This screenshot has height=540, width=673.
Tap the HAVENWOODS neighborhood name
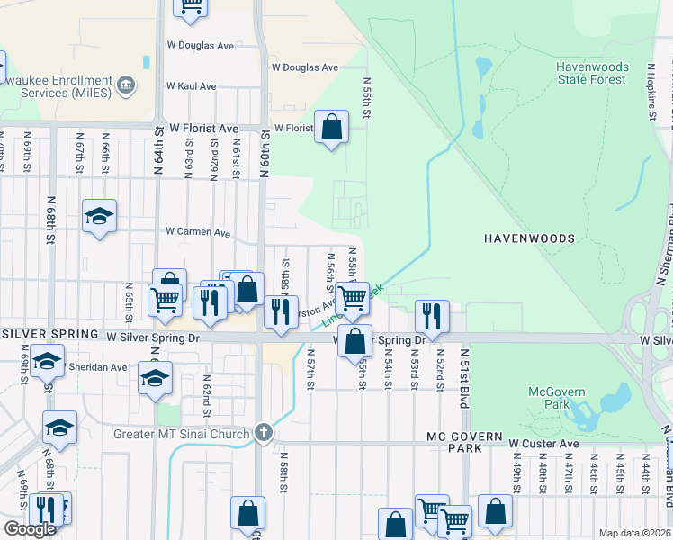tap(528, 238)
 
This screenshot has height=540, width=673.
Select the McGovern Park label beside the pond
tap(556, 399)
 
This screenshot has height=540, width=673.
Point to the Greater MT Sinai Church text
tap(181, 434)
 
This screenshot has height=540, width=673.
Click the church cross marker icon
tap(262, 433)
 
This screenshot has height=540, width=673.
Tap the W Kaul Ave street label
tap(191, 86)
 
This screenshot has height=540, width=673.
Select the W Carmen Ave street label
tap(198, 231)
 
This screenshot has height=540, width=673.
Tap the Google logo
tap(30, 529)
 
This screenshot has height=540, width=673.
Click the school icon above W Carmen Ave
tap(100, 216)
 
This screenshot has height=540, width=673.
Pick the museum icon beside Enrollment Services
tap(126, 85)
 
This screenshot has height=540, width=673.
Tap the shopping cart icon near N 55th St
tap(353, 297)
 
